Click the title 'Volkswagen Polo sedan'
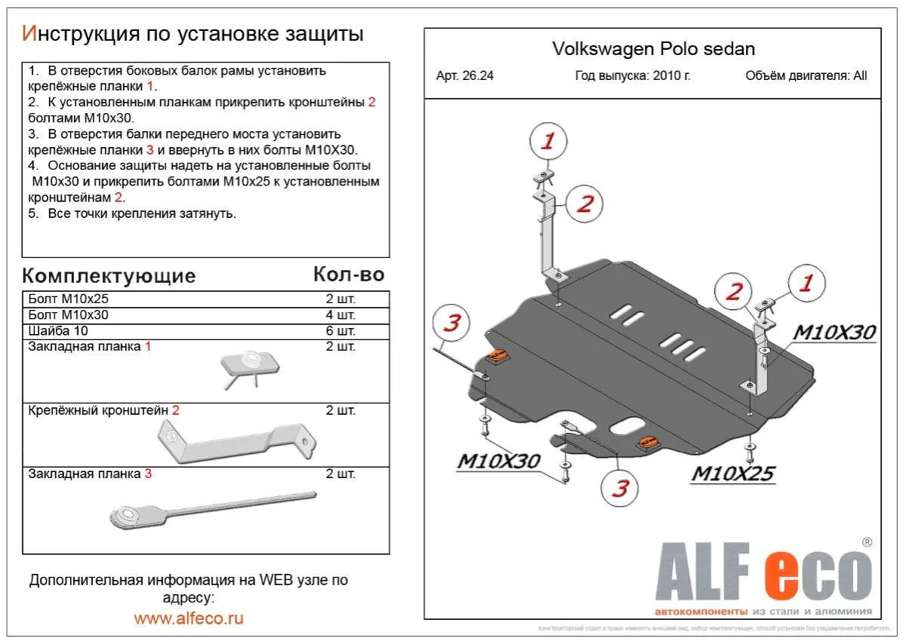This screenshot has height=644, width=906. click(653, 50)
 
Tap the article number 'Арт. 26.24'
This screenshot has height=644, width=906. click(464, 75)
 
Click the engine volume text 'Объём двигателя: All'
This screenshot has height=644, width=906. click(806, 75)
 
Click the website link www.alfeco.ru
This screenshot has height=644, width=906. click(189, 618)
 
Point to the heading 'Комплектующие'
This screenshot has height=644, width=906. click(109, 276)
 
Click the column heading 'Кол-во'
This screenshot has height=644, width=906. click(348, 274)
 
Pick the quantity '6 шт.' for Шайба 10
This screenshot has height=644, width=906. click(340, 331)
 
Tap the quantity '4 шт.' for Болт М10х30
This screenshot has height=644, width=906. click(340, 315)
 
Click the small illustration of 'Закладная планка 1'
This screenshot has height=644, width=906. click(249, 367)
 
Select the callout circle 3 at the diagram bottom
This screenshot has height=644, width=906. click(620, 489)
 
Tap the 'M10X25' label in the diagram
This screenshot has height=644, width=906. click(733, 473)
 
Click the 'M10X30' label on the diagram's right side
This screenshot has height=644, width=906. click(834, 333)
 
